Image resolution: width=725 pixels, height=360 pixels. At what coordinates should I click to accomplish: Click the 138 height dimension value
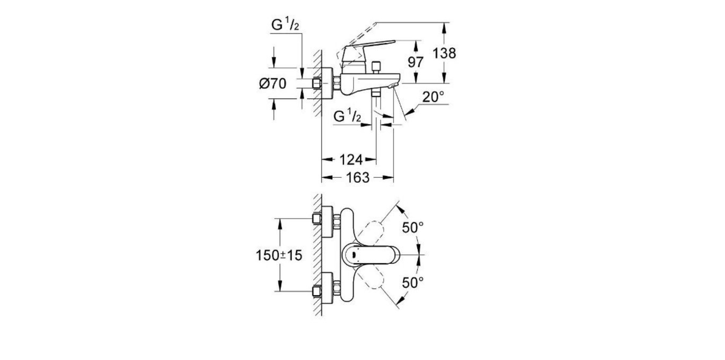[444, 53]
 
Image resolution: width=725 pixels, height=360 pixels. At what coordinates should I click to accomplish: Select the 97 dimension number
[416, 62]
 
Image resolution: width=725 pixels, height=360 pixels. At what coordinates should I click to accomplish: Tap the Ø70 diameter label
[273, 83]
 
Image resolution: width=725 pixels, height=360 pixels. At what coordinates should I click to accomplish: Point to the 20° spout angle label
[433, 97]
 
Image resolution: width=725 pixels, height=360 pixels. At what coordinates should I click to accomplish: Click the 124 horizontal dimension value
[350, 159]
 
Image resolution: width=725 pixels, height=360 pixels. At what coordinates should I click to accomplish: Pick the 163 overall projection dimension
[357, 178]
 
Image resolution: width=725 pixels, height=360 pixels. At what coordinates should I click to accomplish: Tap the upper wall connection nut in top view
[317, 218]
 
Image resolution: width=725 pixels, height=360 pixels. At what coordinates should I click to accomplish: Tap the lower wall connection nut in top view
[317, 291]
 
